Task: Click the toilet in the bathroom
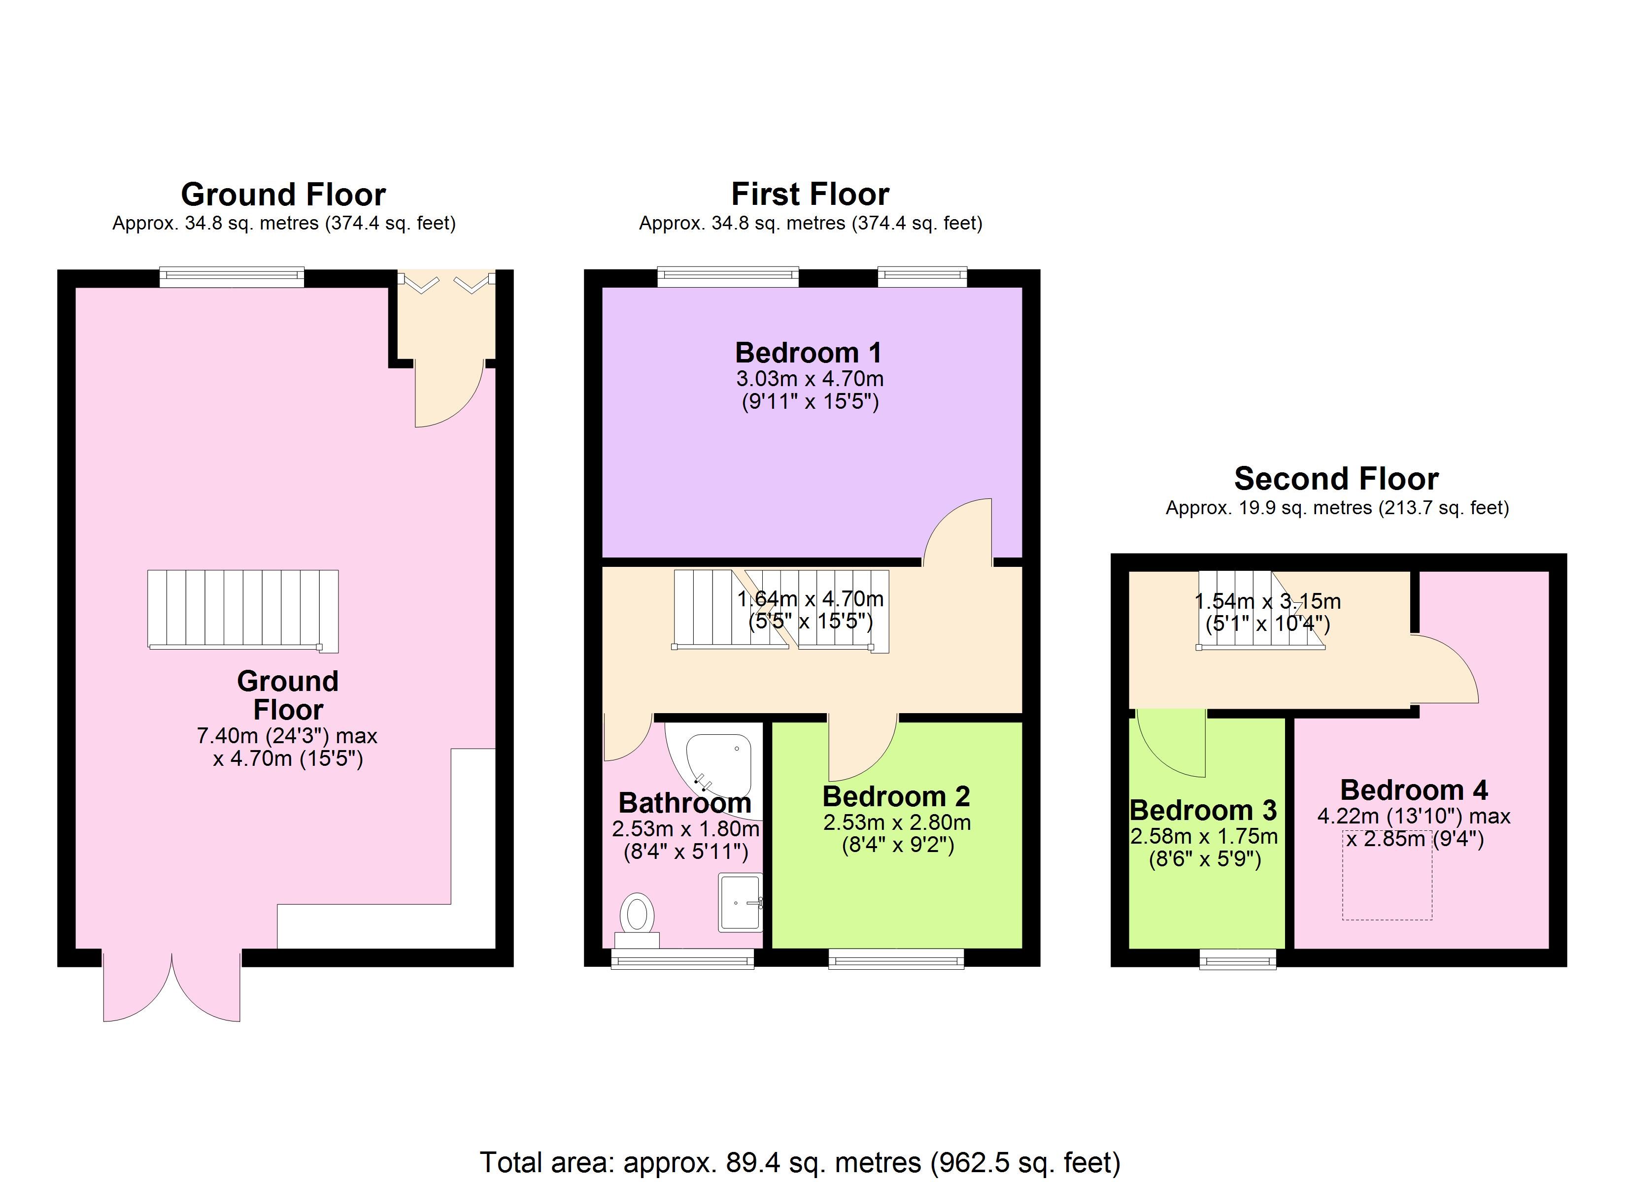tap(637, 920)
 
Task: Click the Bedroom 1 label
tap(808, 353)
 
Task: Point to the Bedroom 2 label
tap(896, 796)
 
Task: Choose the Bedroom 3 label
tap(1203, 810)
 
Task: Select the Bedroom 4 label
tap(1414, 790)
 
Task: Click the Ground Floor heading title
tap(283, 194)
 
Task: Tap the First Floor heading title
tap(810, 194)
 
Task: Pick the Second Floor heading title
tap(1336, 479)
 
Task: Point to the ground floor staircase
tap(243, 611)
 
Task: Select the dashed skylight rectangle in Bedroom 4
tap(1387, 875)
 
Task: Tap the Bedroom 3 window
tap(1238, 959)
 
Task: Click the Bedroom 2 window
tap(896, 959)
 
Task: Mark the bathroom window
tap(682, 959)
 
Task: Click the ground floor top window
tap(232, 277)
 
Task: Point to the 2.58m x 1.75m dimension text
tap(1204, 836)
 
